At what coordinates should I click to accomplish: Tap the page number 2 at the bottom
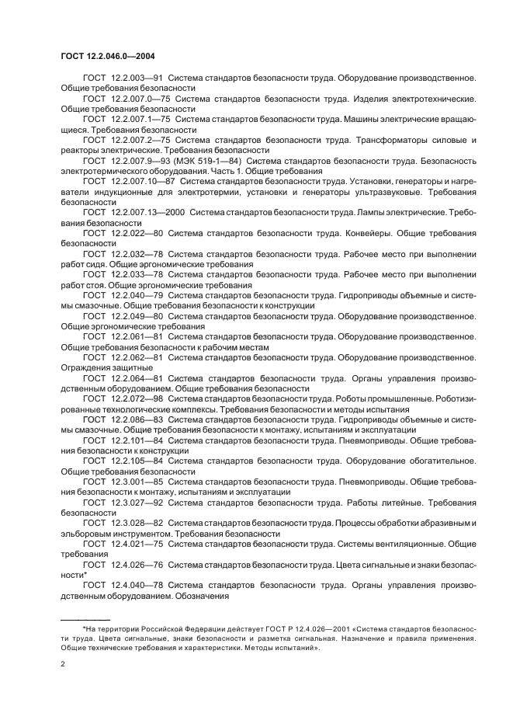click(63, 664)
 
